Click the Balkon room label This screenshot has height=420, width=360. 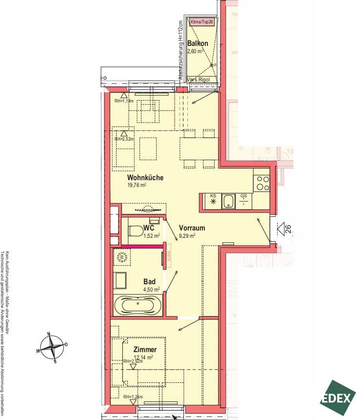(198, 43)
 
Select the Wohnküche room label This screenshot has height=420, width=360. (145, 177)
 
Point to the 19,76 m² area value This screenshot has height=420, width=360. (137, 185)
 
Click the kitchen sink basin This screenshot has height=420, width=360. (228, 201)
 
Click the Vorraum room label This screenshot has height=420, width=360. (191, 228)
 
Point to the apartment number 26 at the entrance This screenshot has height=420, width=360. (287, 228)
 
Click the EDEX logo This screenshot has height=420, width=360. (337, 398)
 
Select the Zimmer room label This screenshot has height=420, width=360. (145, 350)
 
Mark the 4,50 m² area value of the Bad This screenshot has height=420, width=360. (151, 289)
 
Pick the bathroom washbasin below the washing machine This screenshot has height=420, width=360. (120, 281)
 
